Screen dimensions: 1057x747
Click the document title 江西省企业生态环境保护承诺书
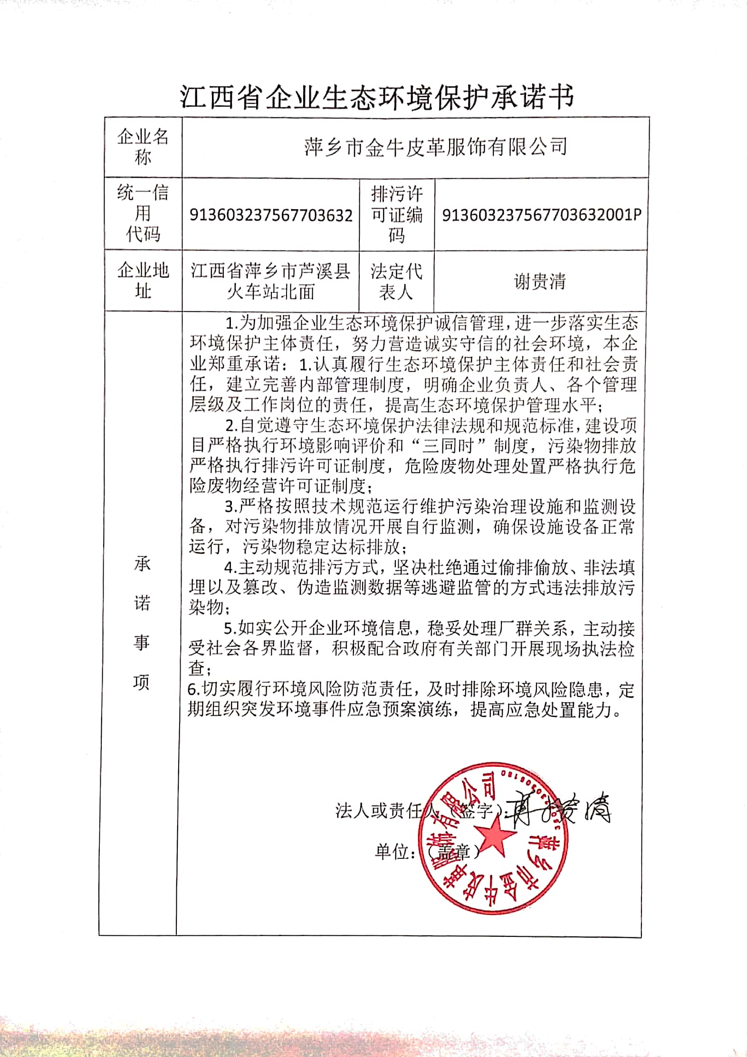tap(377, 97)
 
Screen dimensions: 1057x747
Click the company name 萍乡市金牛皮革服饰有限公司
tap(435, 147)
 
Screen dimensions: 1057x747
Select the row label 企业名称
tap(143, 147)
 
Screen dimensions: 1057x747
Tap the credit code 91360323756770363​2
tap(271, 215)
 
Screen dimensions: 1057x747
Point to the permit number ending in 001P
tap(542, 215)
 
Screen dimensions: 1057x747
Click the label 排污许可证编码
tap(397, 215)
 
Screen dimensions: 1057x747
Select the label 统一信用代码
tap(143, 214)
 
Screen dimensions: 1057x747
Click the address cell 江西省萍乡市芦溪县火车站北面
tap(270, 281)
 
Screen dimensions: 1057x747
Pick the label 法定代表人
tap(396, 281)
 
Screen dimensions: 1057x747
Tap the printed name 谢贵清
tap(540, 281)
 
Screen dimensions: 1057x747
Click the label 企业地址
tap(143, 280)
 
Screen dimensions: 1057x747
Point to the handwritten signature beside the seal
tap(561, 808)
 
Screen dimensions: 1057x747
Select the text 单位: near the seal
tap(394, 852)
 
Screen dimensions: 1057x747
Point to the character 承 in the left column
tap(142, 564)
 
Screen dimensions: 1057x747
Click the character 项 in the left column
tap(141, 682)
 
